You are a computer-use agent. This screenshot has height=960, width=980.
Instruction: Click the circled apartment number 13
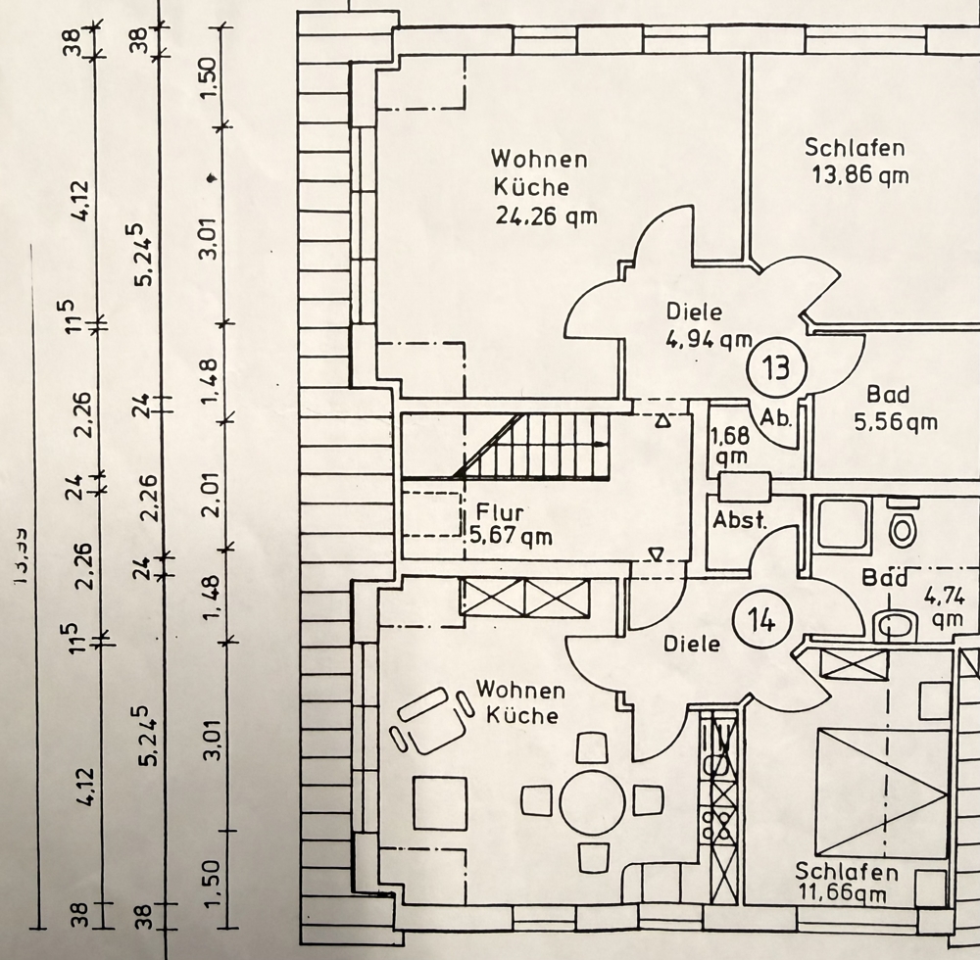click(775, 369)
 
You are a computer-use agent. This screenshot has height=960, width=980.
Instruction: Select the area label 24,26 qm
click(546, 216)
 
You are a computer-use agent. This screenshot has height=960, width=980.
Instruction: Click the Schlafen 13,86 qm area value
click(860, 176)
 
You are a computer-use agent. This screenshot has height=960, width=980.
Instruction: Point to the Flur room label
click(501, 512)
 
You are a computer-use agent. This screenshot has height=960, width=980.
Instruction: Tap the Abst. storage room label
click(740, 520)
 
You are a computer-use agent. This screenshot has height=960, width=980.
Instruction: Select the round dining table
click(593, 801)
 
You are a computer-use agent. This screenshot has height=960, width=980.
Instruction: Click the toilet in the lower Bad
click(901, 527)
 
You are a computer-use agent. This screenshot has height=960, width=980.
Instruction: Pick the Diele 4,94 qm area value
click(702, 340)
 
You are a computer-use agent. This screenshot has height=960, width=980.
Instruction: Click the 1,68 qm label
click(729, 444)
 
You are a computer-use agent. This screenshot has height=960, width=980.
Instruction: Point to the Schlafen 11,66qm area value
click(848, 893)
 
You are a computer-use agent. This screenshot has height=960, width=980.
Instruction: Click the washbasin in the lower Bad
click(893, 624)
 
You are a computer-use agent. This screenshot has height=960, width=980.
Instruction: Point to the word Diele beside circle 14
click(692, 644)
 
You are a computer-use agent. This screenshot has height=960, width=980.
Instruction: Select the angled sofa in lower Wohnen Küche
click(428, 720)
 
